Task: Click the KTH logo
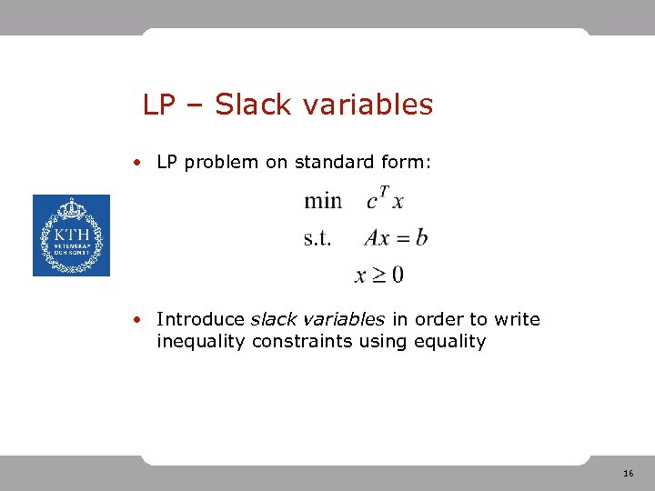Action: [x=71, y=235]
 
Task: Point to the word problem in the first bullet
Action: [x=221, y=163]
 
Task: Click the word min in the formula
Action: [x=323, y=201]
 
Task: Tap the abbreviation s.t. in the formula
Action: [x=317, y=238]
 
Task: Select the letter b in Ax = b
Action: [x=420, y=238]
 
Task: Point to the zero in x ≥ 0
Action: [x=398, y=274]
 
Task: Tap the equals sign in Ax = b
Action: [x=401, y=239]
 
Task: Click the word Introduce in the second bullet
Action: [x=200, y=319]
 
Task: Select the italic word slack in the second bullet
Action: [x=270, y=319]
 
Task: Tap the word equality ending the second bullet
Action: [x=451, y=342]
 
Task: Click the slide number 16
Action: [x=629, y=475]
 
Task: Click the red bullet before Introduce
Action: [x=135, y=319]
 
